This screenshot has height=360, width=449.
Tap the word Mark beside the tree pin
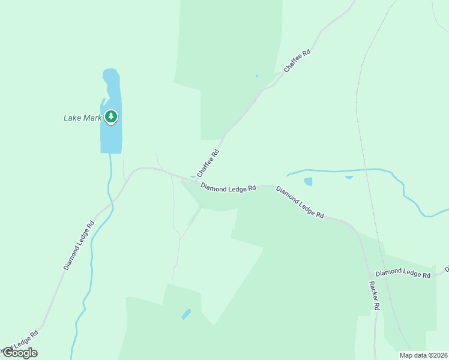click(x=92, y=118)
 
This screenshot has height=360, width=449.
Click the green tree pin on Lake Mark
click(x=110, y=116)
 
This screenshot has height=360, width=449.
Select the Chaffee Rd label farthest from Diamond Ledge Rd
click(x=297, y=61)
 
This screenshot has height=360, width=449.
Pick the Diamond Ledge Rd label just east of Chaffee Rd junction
click(x=228, y=188)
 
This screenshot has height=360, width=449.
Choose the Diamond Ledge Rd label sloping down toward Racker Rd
click(x=300, y=202)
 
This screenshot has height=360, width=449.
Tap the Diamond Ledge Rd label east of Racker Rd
click(x=403, y=273)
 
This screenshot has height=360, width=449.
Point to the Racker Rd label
click(x=375, y=296)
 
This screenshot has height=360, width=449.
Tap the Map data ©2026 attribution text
click(x=423, y=355)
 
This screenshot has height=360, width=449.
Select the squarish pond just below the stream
click(x=309, y=181)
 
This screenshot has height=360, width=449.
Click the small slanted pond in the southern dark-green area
click(x=186, y=314)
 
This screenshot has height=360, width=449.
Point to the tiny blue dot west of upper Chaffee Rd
click(x=257, y=76)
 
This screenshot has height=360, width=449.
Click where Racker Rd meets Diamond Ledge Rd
click(x=358, y=233)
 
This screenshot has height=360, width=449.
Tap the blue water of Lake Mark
click(x=111, y=135)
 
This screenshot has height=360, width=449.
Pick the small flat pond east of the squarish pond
click(x=349, y=177)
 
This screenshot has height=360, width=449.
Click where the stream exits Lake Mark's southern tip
click(x=110, y=154)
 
